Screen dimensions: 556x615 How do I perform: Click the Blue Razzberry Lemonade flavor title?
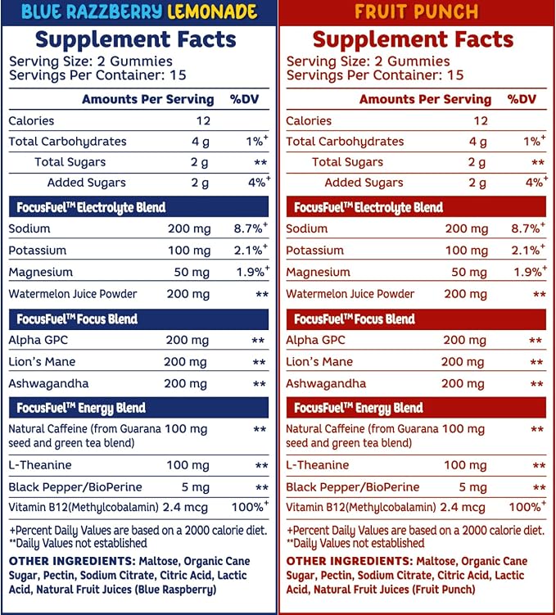click(x=139, y=11)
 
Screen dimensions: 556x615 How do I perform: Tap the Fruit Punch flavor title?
click(x=417, y=11)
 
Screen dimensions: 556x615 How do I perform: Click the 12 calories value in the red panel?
click(x=481, y=121)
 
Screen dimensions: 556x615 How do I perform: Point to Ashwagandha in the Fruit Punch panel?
click(x=326, y=383)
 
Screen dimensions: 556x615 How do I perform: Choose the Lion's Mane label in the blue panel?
click(x=42, y=362)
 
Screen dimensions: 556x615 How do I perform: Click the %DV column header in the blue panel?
click(x=245, y=99)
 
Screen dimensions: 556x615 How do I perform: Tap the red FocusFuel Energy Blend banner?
click(x=416, y=408)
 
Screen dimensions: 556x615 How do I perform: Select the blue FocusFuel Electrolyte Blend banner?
click(x=139, y=207)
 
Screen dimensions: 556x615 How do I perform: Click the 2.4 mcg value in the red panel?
click(x=463, y=508)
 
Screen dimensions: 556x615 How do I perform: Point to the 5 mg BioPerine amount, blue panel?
click(x=195, y=487)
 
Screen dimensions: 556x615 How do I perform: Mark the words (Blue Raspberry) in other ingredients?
click(x=176, y=590)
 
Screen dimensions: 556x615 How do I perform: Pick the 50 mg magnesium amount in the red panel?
click(x=469, y=272)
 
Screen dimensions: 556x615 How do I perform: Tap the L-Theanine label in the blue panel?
click(x=40, y=465)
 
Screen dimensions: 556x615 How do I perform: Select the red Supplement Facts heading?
click(x=413, y=39)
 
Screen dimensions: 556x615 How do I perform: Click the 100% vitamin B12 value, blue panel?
click(x=250, y=507)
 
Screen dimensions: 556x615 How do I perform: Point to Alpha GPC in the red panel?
click(x=315, y=340)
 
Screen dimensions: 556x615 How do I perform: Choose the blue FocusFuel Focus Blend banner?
click(x=139, y=319)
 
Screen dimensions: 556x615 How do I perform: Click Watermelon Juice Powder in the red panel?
click(x=350, y=294)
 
